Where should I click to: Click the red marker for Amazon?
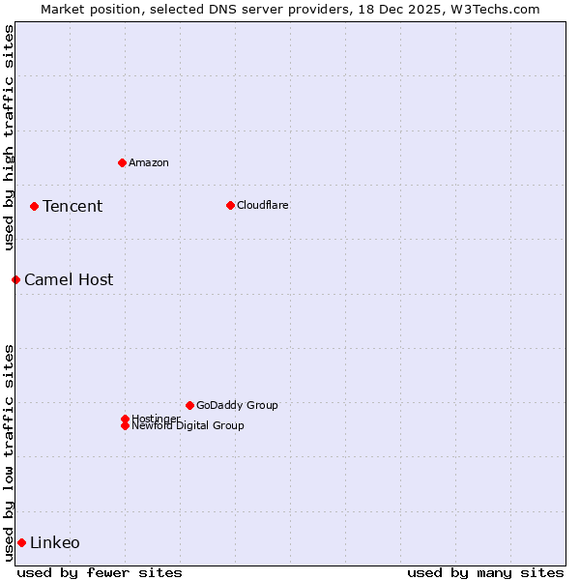pyautogui.click(x=122, y=162)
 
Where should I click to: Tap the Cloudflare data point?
pyautogui.click(x=230, y=205)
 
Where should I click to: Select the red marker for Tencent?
pyautogui.click(x=34, y=206)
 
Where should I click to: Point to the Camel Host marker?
pyautogui.click(x=15, y=279)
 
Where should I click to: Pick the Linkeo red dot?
pyautogui.click(x=21, y=542)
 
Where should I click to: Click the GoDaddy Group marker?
pyautogui.click(x=189, y=405)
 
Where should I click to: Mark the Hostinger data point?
pyautogui.click(x=125, y=419)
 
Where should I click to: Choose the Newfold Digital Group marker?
pyautogui.click(x=125, y=425)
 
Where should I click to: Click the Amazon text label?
pyautogui.click(x=149, y=162)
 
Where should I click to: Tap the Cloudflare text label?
pyautogui.click(x=263, y=205)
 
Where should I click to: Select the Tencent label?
pyautogui.click(x=72, y=206)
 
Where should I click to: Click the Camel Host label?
pyautogui.click(x=69, y=279)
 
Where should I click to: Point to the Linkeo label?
pyautogui.click(x=55, y=542)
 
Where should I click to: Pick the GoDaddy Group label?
pyautogui.click(x=237, y=405)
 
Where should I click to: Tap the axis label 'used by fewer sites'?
pyautogui.click(x=100, y=572)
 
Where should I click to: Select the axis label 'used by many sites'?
pyautogui.click(x=485, y=572)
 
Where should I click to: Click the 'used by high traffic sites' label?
pyautogui.click(x=10, y=137)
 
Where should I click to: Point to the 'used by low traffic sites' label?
pyautogui.click(x=10, y=452)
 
